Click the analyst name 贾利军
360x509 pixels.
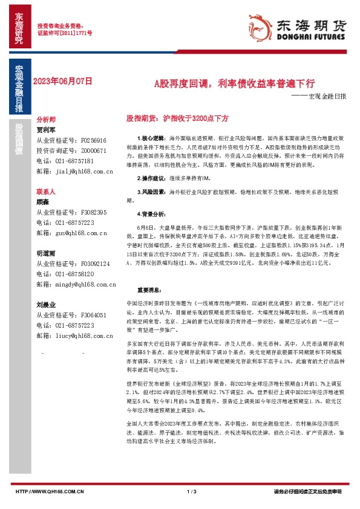[x=46, y=129]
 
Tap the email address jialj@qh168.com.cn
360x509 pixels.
[x=83, y=172]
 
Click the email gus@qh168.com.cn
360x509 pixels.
[x=80, y=233]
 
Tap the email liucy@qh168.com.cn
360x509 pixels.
[x=83, y=336]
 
